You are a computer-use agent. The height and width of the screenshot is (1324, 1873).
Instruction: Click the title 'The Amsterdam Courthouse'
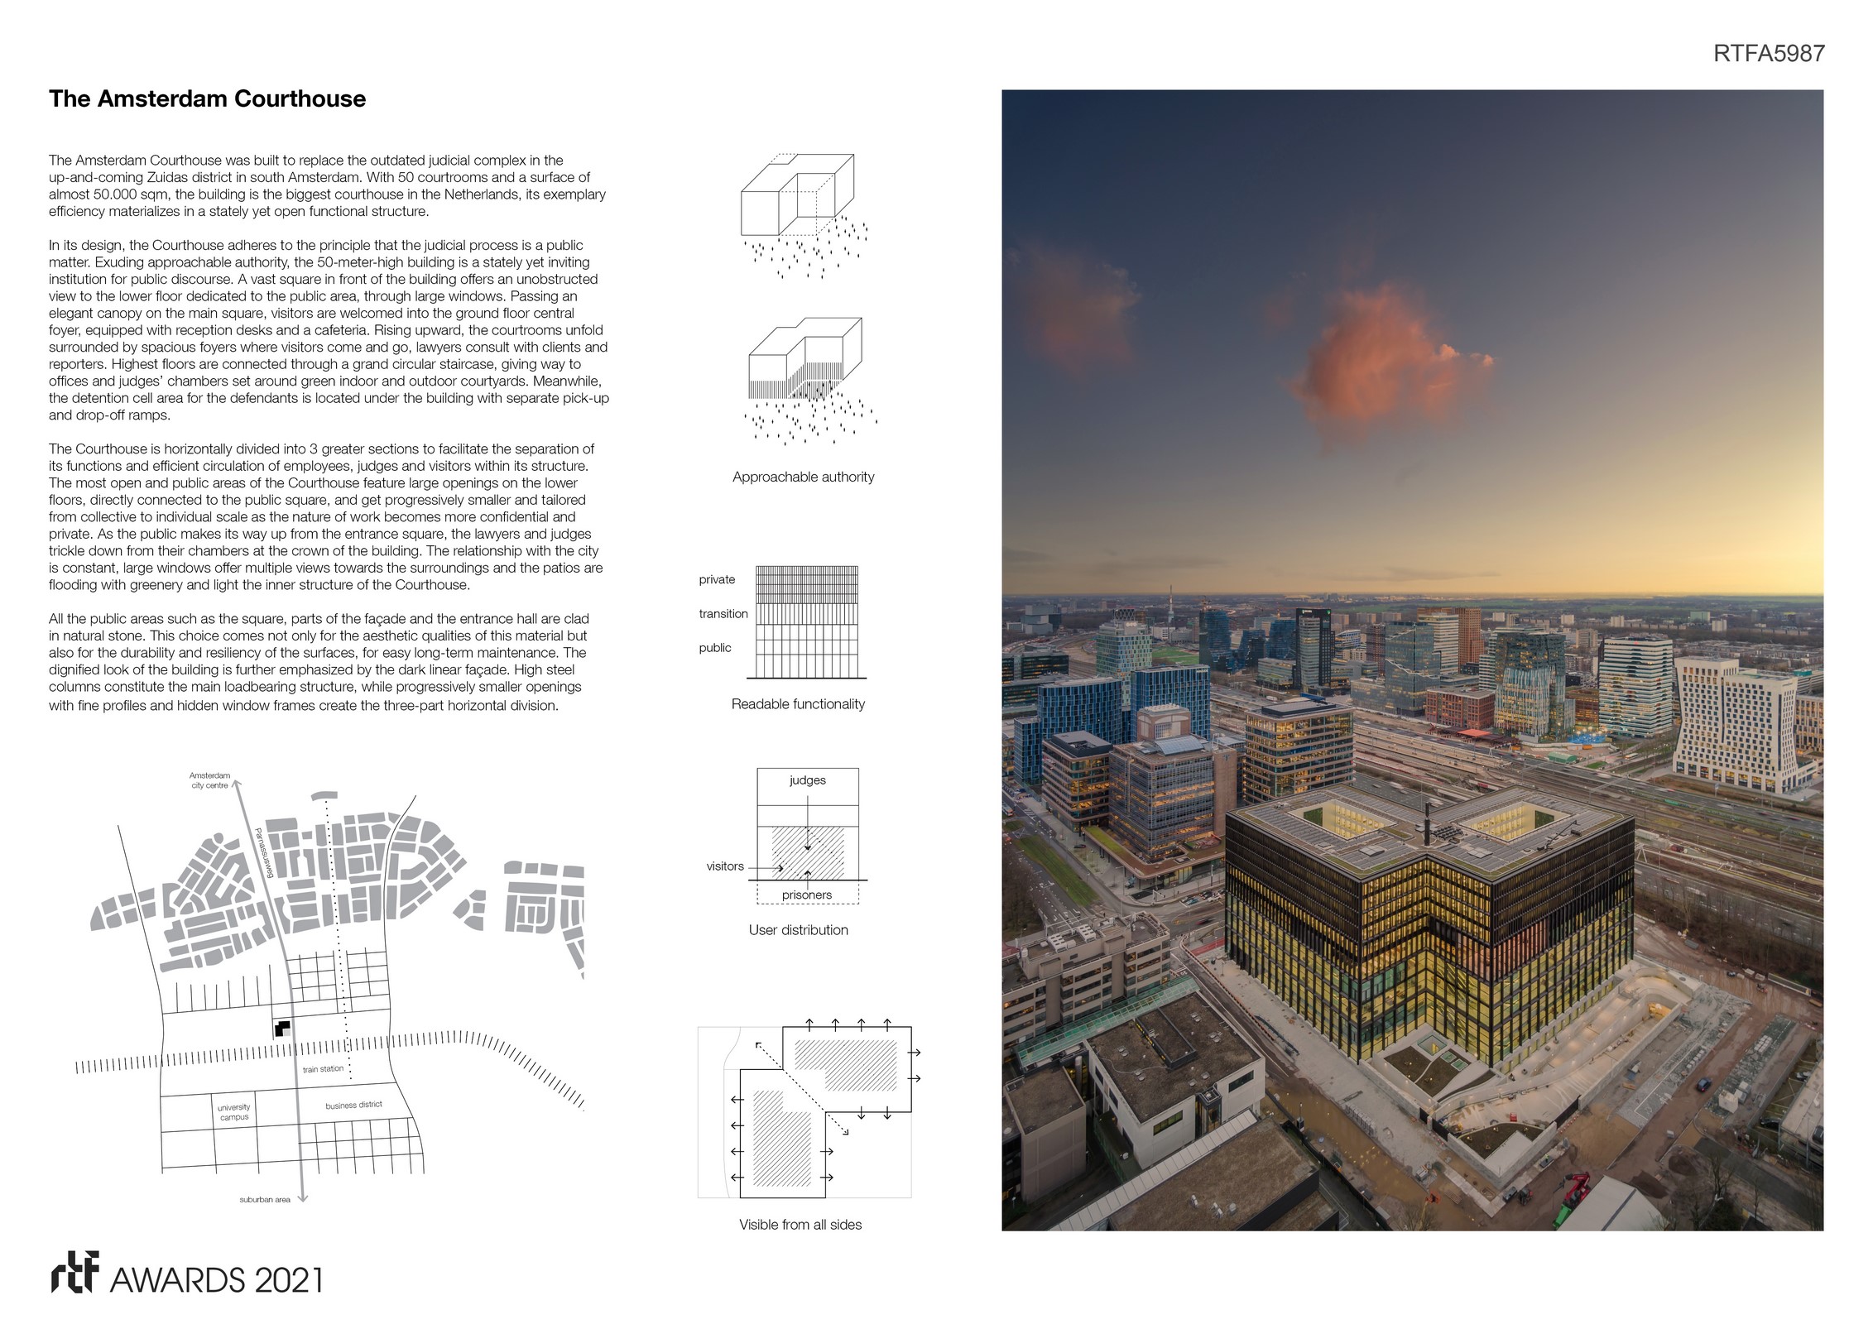(207, 98)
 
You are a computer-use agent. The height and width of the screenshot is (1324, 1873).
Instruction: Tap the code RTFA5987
(1768, 54)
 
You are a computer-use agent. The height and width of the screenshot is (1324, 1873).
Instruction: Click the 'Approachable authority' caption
(803, 477)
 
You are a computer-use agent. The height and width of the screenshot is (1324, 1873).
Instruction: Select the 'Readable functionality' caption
(798, 704)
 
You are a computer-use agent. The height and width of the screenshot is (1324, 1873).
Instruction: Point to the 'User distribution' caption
(798, 930)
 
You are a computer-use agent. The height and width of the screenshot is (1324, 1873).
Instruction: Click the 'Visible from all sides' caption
(800, 1225)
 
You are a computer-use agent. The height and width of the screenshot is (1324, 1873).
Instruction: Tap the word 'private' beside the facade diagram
(717, 579)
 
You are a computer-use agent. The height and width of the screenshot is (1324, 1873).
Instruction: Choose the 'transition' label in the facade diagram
(723, 614)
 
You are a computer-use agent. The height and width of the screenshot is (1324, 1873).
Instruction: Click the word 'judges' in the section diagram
(807, 780)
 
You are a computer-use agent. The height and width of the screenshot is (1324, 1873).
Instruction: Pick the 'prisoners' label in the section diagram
(807, 895)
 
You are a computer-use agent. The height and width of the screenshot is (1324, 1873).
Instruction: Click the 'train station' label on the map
(323, 1069)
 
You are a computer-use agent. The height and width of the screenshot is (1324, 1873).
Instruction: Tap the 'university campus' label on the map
(234, 1112)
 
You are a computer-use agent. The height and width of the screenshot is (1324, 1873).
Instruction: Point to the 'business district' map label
(353, 1105)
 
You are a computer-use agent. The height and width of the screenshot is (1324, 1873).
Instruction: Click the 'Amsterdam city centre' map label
(209, 780)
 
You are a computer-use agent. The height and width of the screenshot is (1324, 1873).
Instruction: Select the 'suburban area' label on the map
(265, 1200)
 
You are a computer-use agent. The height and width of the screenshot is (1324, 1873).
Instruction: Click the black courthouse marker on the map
(282, 1029)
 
